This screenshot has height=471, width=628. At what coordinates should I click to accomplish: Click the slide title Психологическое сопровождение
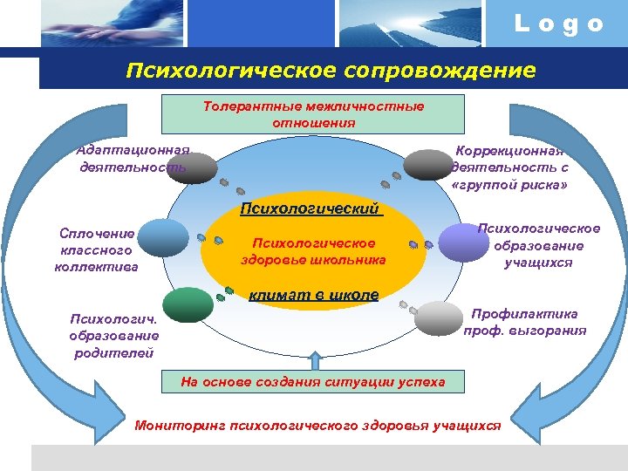coord(331,69)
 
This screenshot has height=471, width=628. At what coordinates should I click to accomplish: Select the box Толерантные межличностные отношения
coord(313,114)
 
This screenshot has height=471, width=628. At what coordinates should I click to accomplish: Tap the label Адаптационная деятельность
coord(133,158)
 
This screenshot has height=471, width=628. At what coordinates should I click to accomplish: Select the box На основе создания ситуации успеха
coord(313,381)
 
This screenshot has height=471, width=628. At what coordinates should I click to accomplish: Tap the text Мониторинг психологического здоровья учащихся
coord(318,426)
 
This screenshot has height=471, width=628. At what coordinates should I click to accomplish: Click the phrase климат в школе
coord(313,295)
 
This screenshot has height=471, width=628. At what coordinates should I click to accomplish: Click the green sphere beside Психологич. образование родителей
coord(188,305)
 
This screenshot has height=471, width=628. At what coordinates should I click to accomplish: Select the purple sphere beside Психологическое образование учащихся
coord(462,242)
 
